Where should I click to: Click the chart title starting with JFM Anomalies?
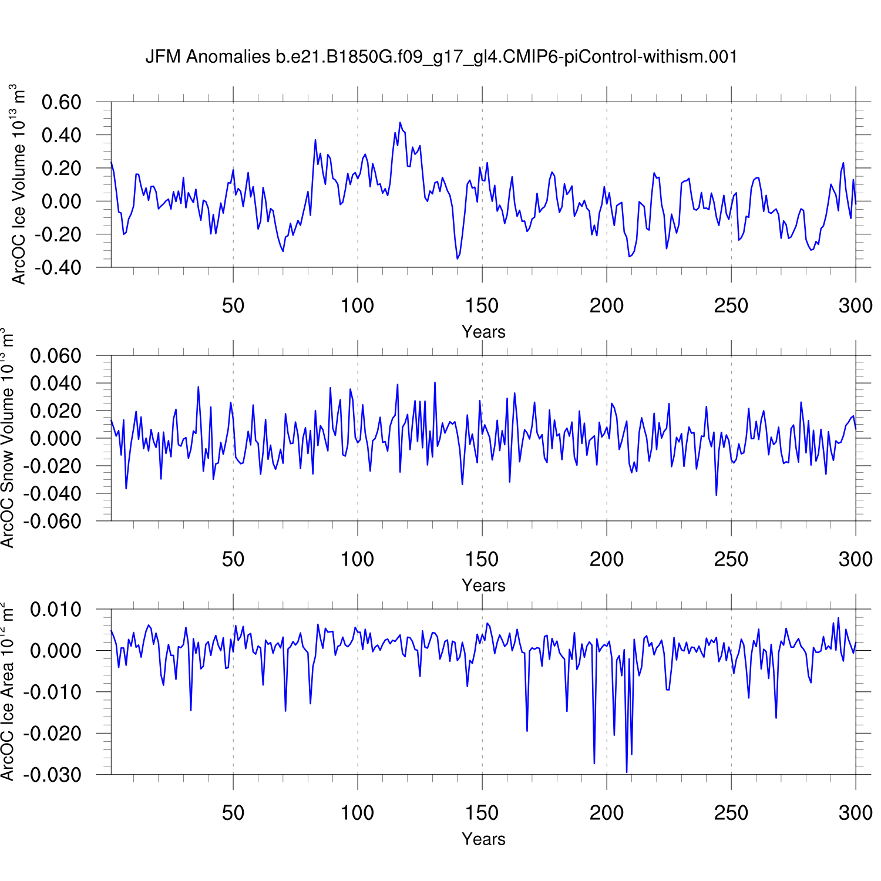pos(441,57)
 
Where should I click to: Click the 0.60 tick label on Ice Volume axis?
pos(61,102)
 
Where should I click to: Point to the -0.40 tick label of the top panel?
pos(58,268)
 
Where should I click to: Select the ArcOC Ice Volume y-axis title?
pos(19,184)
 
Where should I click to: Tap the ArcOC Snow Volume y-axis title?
pos(8,438)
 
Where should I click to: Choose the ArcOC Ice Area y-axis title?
pos(8,691)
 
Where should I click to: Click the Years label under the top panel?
pos(483,332)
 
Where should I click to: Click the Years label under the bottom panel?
pos(483,839)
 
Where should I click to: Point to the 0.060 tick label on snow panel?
pos(55,356)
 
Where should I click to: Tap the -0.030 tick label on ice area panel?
pos(52,775)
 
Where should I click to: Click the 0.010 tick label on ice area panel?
pos(55,610)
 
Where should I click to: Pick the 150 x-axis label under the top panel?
pos(482,306)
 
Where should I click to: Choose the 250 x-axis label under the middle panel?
pos(731,560)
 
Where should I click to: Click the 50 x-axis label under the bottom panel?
pos(233,813)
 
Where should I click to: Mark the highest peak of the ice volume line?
pos(400,123)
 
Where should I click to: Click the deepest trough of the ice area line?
pos(627,772)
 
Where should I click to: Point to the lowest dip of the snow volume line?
pos(716,495)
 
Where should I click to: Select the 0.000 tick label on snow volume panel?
pos(55,439)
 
